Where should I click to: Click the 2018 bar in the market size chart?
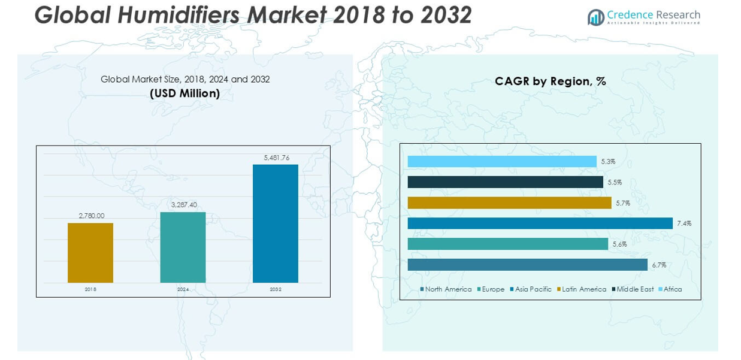tap(90, 252)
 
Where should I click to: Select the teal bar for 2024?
tap(183, 247)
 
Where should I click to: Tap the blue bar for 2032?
tap(276, 223)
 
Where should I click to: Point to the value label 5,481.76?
tap(276, 158)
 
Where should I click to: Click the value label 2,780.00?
tap(91, 216)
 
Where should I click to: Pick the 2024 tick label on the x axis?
tap(183, 289)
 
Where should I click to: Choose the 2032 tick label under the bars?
tap(276, 289)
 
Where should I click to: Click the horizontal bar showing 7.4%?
tap(540, 223)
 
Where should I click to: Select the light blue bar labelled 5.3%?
tap(502, 162)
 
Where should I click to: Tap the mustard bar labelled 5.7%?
tap(509, 203)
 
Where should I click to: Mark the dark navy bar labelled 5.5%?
tap(505, 182)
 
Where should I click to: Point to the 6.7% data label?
tap(659, 265)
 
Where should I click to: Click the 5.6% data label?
tap(619, 244)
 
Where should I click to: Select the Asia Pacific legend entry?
tap(533, 289)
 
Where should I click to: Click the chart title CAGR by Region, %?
tap(550, 81)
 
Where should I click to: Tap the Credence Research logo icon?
tap(595, 17)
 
